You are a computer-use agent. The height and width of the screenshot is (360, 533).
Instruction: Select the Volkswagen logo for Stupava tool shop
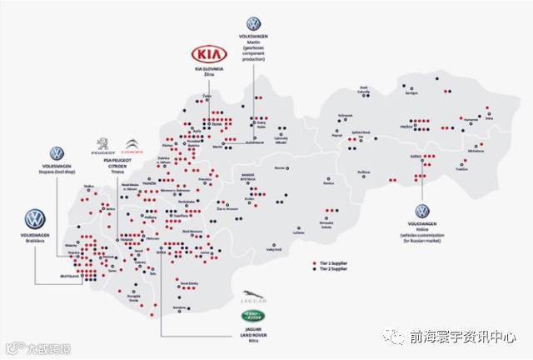click(56, 153)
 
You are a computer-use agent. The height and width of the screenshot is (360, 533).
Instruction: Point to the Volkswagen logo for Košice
click(423, 212)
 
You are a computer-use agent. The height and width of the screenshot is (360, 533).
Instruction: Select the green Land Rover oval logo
click(252, 315)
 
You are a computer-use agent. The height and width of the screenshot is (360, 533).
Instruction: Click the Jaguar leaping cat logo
click(252, 299)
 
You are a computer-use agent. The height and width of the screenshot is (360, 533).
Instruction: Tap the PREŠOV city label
click(406, 125)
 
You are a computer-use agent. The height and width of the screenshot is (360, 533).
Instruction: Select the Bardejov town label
click(411, 93)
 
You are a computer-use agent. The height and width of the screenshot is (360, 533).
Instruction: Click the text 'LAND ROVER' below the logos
click(251, 337)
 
